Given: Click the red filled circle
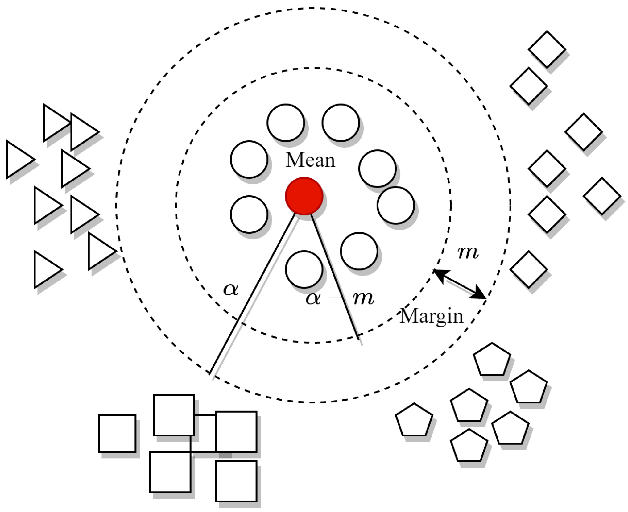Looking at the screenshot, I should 304,196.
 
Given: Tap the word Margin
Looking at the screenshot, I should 432,316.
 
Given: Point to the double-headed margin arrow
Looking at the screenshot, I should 460,284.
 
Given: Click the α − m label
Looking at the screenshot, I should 340,298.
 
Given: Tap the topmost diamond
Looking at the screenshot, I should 547,49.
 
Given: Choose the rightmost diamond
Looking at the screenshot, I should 602,196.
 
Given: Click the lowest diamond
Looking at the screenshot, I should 529,269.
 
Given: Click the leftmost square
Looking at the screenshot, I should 117,433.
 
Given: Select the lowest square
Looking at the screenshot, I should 236,481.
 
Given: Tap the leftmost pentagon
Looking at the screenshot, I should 414,420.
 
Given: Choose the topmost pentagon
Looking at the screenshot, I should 492,360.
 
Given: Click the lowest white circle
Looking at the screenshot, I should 304,269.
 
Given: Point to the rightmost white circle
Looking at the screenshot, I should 395,205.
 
